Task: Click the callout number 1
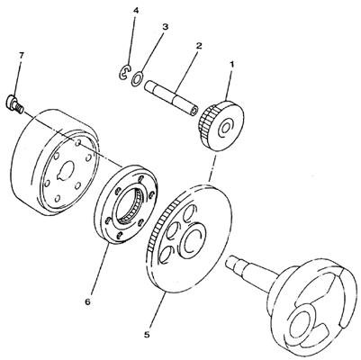click(231, 65)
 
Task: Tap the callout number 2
click(198, 46)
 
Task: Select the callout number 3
click(165, 27)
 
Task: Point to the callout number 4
click(136, 11)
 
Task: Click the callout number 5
click(147, 335)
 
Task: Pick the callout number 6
click(87, 301)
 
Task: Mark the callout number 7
click(22, 56)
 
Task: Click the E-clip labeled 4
click(123, 72)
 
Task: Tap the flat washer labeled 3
click(137, 78)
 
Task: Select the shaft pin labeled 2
click(171, 98)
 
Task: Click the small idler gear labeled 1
click(221, 126)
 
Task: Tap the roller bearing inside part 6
click(129, 205)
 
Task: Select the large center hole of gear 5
click(191, 238)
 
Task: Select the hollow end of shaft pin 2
click(194, 112)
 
